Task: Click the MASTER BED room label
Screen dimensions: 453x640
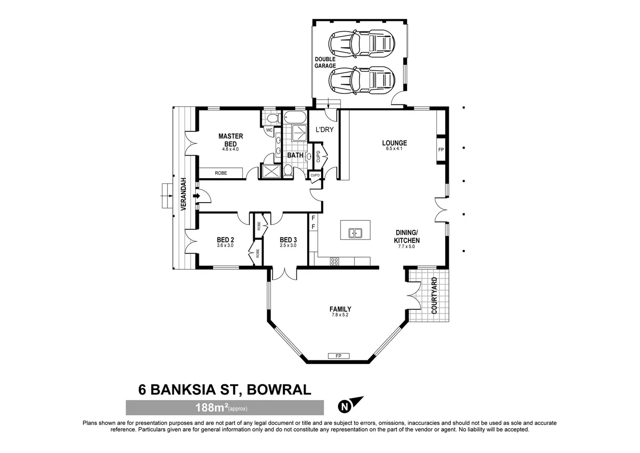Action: coord(230,140)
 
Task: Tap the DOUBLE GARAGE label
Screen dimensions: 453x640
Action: coord(325,62)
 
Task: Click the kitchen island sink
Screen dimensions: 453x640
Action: coord(355,232)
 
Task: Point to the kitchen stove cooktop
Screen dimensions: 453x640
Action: coord(334,261)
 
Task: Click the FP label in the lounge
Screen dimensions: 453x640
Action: coord(441,150)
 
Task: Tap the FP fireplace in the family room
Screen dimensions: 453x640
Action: coord(338,356)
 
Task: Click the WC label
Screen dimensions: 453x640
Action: coord(269,130)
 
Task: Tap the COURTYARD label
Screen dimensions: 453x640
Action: coord(434,295)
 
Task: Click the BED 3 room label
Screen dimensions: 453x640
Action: coord(288,240)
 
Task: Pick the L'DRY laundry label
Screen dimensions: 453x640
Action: coord(324,130)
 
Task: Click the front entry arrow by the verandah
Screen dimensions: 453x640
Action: coord(196,196)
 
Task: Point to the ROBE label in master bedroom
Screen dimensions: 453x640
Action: coord(221,173)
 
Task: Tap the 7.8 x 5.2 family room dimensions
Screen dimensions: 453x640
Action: coord(340,315)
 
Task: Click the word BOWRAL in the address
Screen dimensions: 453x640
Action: coord(279,390)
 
